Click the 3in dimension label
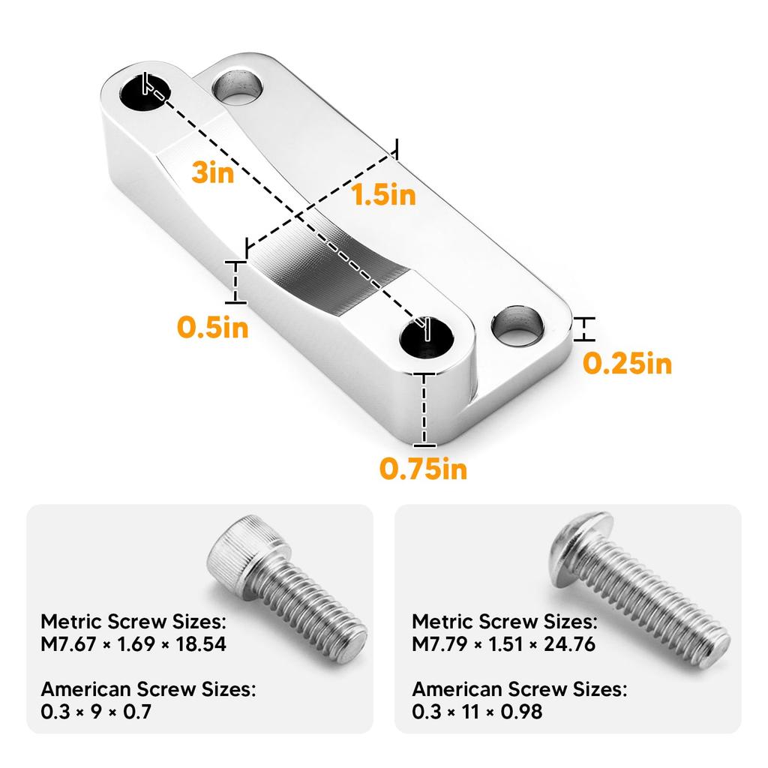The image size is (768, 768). point(212,173)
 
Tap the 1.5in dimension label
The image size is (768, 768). point(383,196)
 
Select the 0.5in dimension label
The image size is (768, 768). point(213,328)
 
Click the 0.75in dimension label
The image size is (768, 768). point(423,469)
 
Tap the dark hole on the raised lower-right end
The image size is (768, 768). point(426,338)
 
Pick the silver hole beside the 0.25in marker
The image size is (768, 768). point(518,325)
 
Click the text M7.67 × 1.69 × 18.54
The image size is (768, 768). point(133,643)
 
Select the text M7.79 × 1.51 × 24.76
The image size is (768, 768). point(504,643)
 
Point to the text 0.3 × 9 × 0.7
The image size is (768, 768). point(96,711)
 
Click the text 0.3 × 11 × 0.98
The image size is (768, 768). point(477,711)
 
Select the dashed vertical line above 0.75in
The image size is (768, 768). point(425,409)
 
